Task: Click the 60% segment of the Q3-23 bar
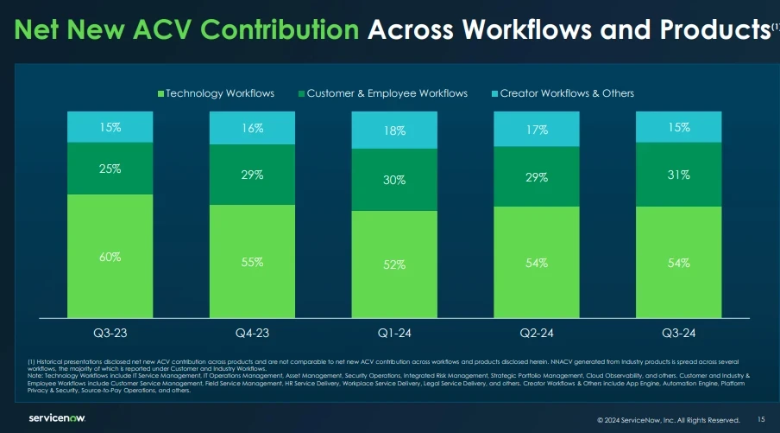click(x=110, y=257)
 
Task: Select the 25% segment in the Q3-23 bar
click(x=110, y=169)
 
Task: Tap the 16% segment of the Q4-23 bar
click(x=252, y=127)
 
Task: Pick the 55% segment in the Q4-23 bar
click(x=252, y=262)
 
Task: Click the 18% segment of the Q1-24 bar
click(x=394, y=131)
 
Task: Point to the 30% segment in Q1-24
click(x=394, y=180)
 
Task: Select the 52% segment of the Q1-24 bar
click(x=394, y=265)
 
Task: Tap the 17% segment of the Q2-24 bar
click(x=536, y=129)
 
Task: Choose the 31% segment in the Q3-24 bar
click(x=678, y=174)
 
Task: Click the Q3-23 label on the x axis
click(x=110, y=332)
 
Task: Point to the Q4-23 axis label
click(x=252, y=332)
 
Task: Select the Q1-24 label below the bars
click(x=394, y=332)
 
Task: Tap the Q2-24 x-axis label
click(x=536, y=332)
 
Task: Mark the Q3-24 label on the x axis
click(x=678, y=332)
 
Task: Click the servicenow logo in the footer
click(x=57, y=418)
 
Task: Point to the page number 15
click(x=761, y=419)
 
